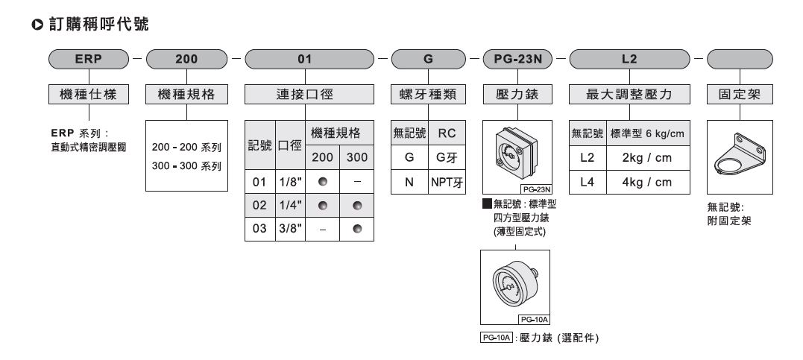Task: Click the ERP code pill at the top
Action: pos(89,58)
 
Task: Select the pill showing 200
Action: pos(186,58)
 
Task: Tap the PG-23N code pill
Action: pos(517,58)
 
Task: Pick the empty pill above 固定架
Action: pos(739,58)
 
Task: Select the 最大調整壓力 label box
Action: pos(630,95)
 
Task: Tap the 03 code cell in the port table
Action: pos(259,229)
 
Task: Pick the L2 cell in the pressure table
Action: pos(587,158)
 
